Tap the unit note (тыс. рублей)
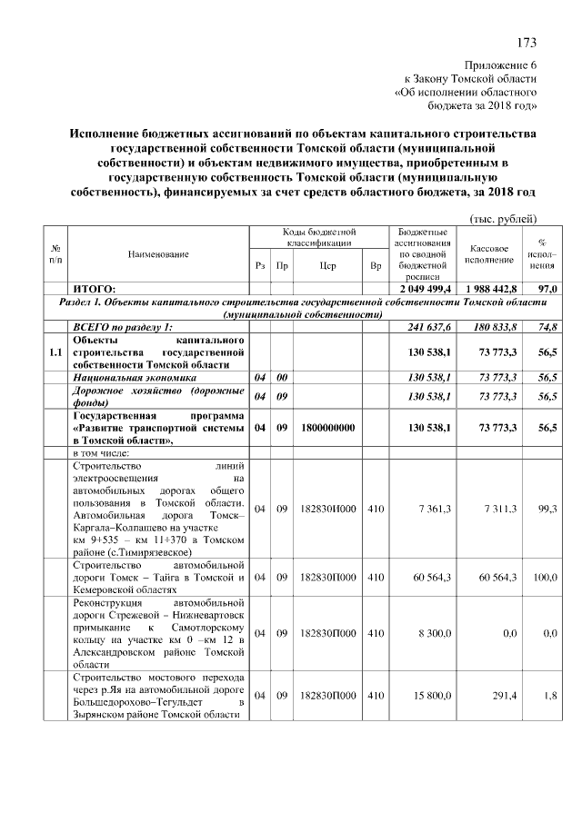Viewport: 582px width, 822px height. (504, 219)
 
